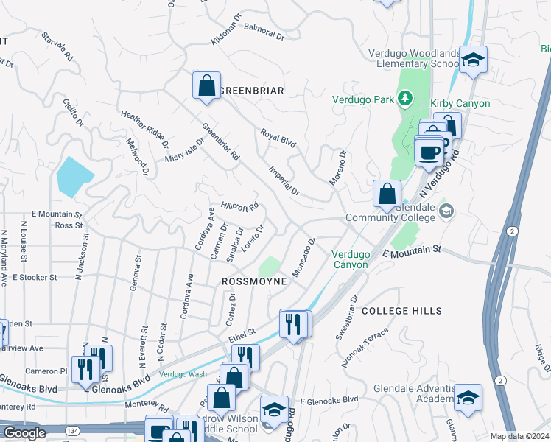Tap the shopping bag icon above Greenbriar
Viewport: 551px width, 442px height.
pos(207,85)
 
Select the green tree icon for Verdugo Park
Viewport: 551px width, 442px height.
pos(403,98)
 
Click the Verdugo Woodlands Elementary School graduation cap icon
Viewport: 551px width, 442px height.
pos(473,60)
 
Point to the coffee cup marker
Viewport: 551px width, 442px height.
pos(429,152)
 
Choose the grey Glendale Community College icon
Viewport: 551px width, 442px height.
pos(446,212)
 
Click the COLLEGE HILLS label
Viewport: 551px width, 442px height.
pos(401,312)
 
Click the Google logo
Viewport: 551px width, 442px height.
pos(24,433)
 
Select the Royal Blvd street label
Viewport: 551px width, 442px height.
pos(278,138)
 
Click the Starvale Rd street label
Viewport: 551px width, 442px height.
pos(58,46)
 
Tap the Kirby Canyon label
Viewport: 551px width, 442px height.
pos(461,103)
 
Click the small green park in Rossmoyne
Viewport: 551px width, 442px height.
pos(270,268)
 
